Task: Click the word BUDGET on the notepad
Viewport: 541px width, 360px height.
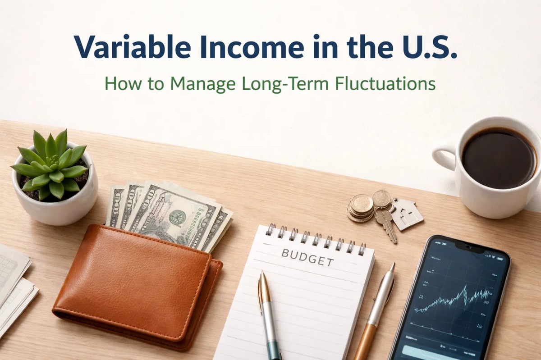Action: click(307, 256)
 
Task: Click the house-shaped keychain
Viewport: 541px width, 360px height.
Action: click(407, 214)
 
